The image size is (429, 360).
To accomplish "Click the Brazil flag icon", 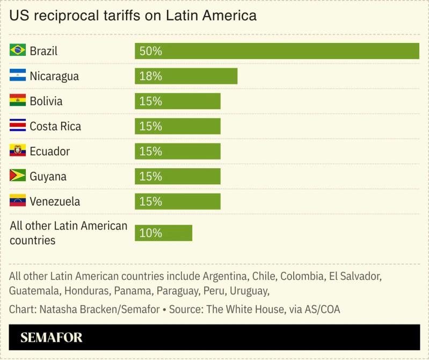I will pyautogui.click(x=18, y=51).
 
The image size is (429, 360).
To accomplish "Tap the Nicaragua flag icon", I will pyautogui.click(x=18, y=76).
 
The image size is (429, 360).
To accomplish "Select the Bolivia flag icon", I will pyautogui.click(x=18, y=101).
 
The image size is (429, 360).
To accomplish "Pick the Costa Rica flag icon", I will pyautogui.click(x=18, y=126).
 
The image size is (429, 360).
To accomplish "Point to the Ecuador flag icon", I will pyautogui.click(x=18, y=151).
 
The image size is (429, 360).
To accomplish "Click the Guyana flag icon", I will pyautogui.click(x=18, y=176).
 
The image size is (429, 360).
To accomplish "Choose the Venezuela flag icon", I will pyautogui.click(x=18, y=201).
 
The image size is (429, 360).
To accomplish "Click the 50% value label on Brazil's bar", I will pyautogui.click(x=150, y=51).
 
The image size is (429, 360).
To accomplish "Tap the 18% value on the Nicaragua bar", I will pyautogui.click(x=150, y=76).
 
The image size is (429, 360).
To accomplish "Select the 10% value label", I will pyautogui.click(x=150, y=233).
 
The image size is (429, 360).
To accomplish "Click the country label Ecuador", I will pyautogui.click(x=49, y=151).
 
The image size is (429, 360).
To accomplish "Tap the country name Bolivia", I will pyautogui.click(x=46, y=101).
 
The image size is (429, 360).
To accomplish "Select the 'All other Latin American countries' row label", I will pyautogui.click(x=68, y=233).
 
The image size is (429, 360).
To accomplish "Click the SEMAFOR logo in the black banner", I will pyautogui.click(x=51, y=337).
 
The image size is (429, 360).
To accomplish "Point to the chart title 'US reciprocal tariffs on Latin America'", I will pyautogui.click(x=133, y=16).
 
